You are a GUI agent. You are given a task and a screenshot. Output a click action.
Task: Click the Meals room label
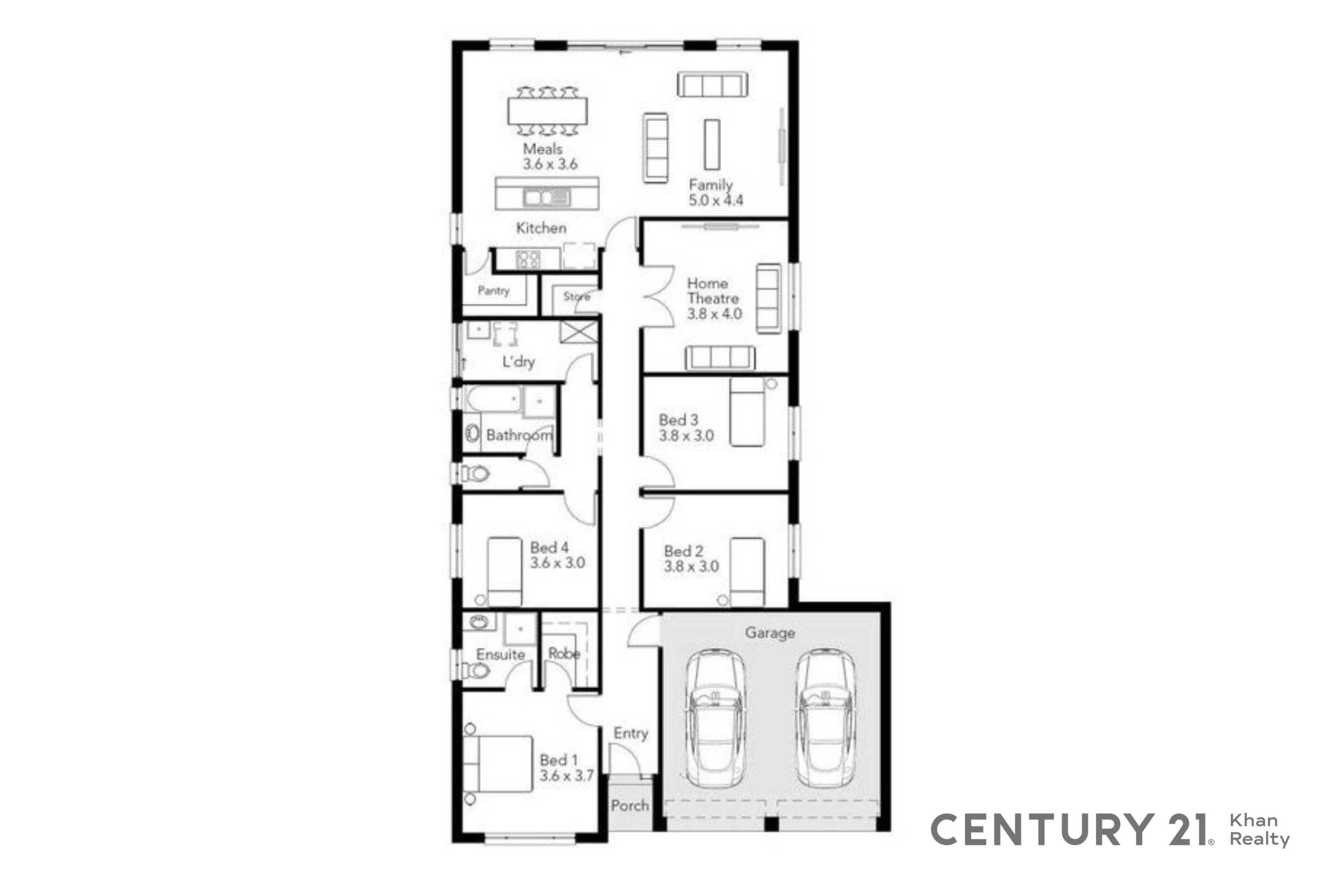click(x=542, y=149)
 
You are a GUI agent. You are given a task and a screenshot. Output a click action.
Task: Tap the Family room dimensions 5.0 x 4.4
click(x=715, y=200)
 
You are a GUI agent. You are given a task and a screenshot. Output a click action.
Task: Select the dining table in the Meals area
click(x=547, y=111)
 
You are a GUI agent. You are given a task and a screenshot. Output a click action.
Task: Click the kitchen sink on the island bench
click(x=546, y=197)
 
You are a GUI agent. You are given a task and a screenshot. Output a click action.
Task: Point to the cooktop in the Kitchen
click(x=528, y=259)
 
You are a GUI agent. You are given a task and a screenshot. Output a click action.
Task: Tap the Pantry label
click(x=493, y=290)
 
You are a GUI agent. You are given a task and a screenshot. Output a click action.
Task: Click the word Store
click(x=576, y=296)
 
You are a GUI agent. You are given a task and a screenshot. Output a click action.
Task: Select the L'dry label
click(x=518, y=362)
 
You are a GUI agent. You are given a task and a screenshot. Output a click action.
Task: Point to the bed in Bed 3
click(x=747, y=412)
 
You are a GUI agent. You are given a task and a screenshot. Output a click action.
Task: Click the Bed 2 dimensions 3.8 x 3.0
click(x=691, y=566)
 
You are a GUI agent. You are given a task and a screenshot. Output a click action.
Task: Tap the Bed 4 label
click(x=549, y=547)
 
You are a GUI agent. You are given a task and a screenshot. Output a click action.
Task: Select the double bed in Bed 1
click(x=498, y=764)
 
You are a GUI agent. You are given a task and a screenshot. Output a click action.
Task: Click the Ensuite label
click(x=500, y=655)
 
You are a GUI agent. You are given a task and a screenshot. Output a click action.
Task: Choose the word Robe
click(x=564, y=653)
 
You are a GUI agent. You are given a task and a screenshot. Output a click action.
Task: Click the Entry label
click(x=630, y=734)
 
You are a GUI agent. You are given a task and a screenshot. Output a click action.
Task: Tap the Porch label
click(x=630, y=805)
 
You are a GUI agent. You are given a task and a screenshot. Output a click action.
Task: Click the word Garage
click(x=769, y=633)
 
